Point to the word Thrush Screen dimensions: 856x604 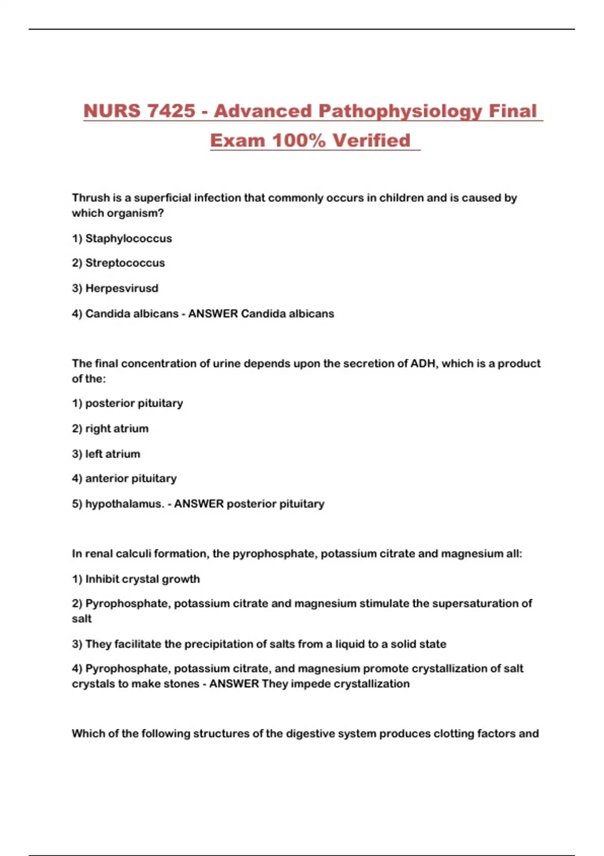click(91, 198)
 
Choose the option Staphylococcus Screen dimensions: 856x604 click(128, 238)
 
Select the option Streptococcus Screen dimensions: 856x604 click(125, 263)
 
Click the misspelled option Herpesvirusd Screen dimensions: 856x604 click(122, 289)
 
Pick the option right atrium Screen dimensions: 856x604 click(117, 429)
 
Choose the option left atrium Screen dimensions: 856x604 click(113, 454)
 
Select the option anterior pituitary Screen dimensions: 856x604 click(131, 478)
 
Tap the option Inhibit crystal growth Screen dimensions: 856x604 click(142, 579)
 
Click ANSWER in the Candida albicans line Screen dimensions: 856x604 click(213, 314)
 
